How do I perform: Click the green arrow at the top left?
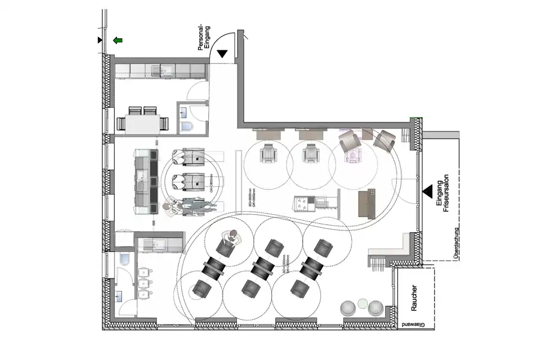click(118, 40)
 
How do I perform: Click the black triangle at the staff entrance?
click(223, 54)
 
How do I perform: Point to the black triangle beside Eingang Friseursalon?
click(428, 191)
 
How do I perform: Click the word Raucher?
click(414, 298)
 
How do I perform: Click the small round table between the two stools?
click(362, 304)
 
